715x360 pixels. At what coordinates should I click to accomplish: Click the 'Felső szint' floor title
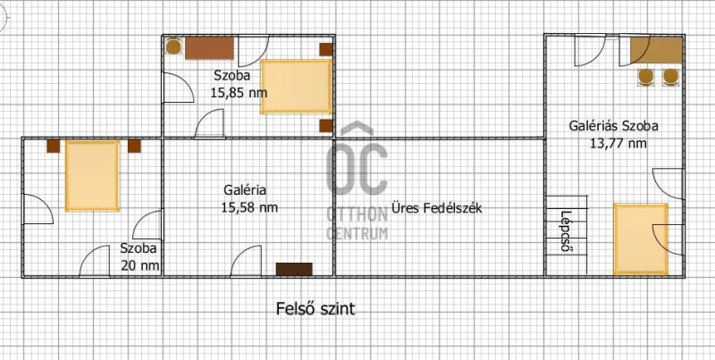pos(315,309)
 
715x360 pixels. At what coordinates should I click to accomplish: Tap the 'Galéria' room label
pos(245,190)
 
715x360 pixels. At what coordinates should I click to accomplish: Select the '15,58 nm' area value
pos(249,208)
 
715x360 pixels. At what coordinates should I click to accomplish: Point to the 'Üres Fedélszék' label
pos(437,209)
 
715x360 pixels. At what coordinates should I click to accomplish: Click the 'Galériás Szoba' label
pos(613,126)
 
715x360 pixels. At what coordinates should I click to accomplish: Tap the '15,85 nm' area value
pos(239,93)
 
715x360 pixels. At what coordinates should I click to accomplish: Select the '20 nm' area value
pos(141,265)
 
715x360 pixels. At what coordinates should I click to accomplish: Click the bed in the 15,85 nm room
pos(297,87)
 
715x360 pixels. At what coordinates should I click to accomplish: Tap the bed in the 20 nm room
pos(92,175)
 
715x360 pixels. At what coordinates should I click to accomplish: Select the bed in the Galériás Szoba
pos(641,239)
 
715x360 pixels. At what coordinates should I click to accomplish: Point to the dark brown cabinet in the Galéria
pos(294,269)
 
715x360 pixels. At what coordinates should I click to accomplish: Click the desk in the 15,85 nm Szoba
pos(210,48)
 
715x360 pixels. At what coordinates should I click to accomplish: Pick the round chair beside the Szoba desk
pos(173,47)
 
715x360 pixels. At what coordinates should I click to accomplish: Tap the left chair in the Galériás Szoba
pos(645,77)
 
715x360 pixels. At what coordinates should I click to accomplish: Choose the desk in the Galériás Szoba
pos(657,50)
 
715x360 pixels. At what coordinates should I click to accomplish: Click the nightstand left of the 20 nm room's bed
pos(54,146)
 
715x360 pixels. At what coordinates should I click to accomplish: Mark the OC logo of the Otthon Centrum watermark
pos(357,160)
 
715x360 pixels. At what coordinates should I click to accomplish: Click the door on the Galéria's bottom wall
pos(247,262)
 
